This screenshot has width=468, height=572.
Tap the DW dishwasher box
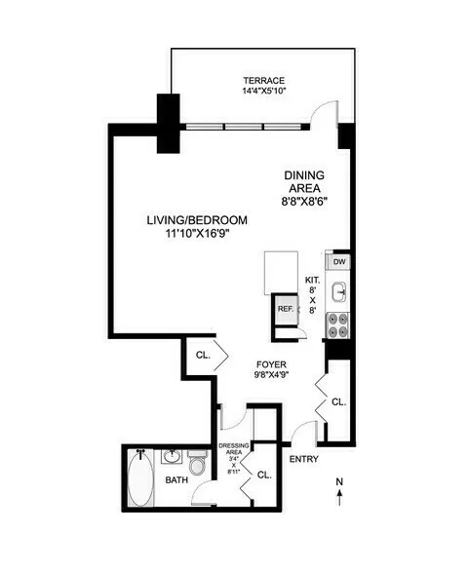coord(338,262)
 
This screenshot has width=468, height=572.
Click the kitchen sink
coord(339,290)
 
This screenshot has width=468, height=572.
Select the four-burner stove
coord(338,325)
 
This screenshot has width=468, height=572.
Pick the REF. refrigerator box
coord(286,309)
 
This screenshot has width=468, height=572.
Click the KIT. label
coord(313,278)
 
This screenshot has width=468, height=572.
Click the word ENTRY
coord(303,459)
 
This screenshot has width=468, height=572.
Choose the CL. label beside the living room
coord(204,356)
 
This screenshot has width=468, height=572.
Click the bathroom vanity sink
coord(173,455)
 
